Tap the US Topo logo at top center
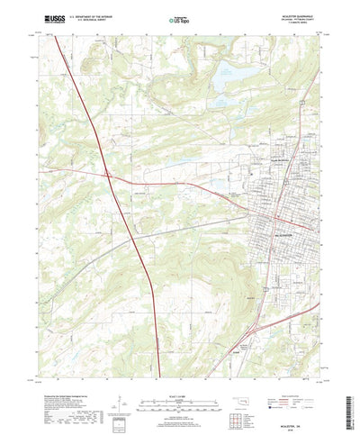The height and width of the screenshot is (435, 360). pos(179,17)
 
